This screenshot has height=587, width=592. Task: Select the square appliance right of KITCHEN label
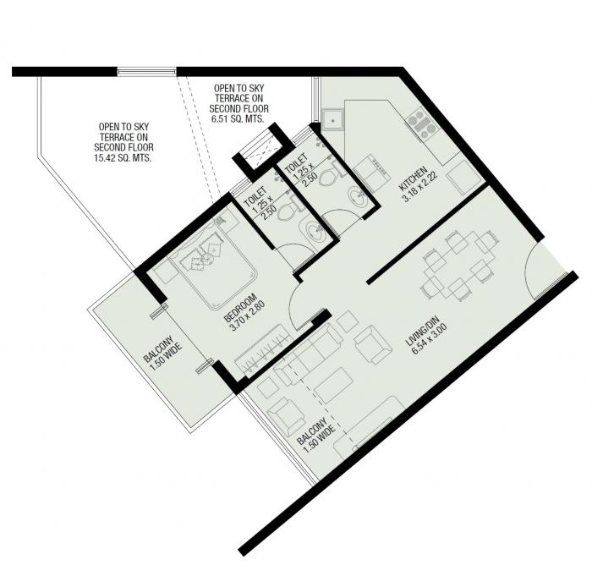[x=462, y=178]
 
